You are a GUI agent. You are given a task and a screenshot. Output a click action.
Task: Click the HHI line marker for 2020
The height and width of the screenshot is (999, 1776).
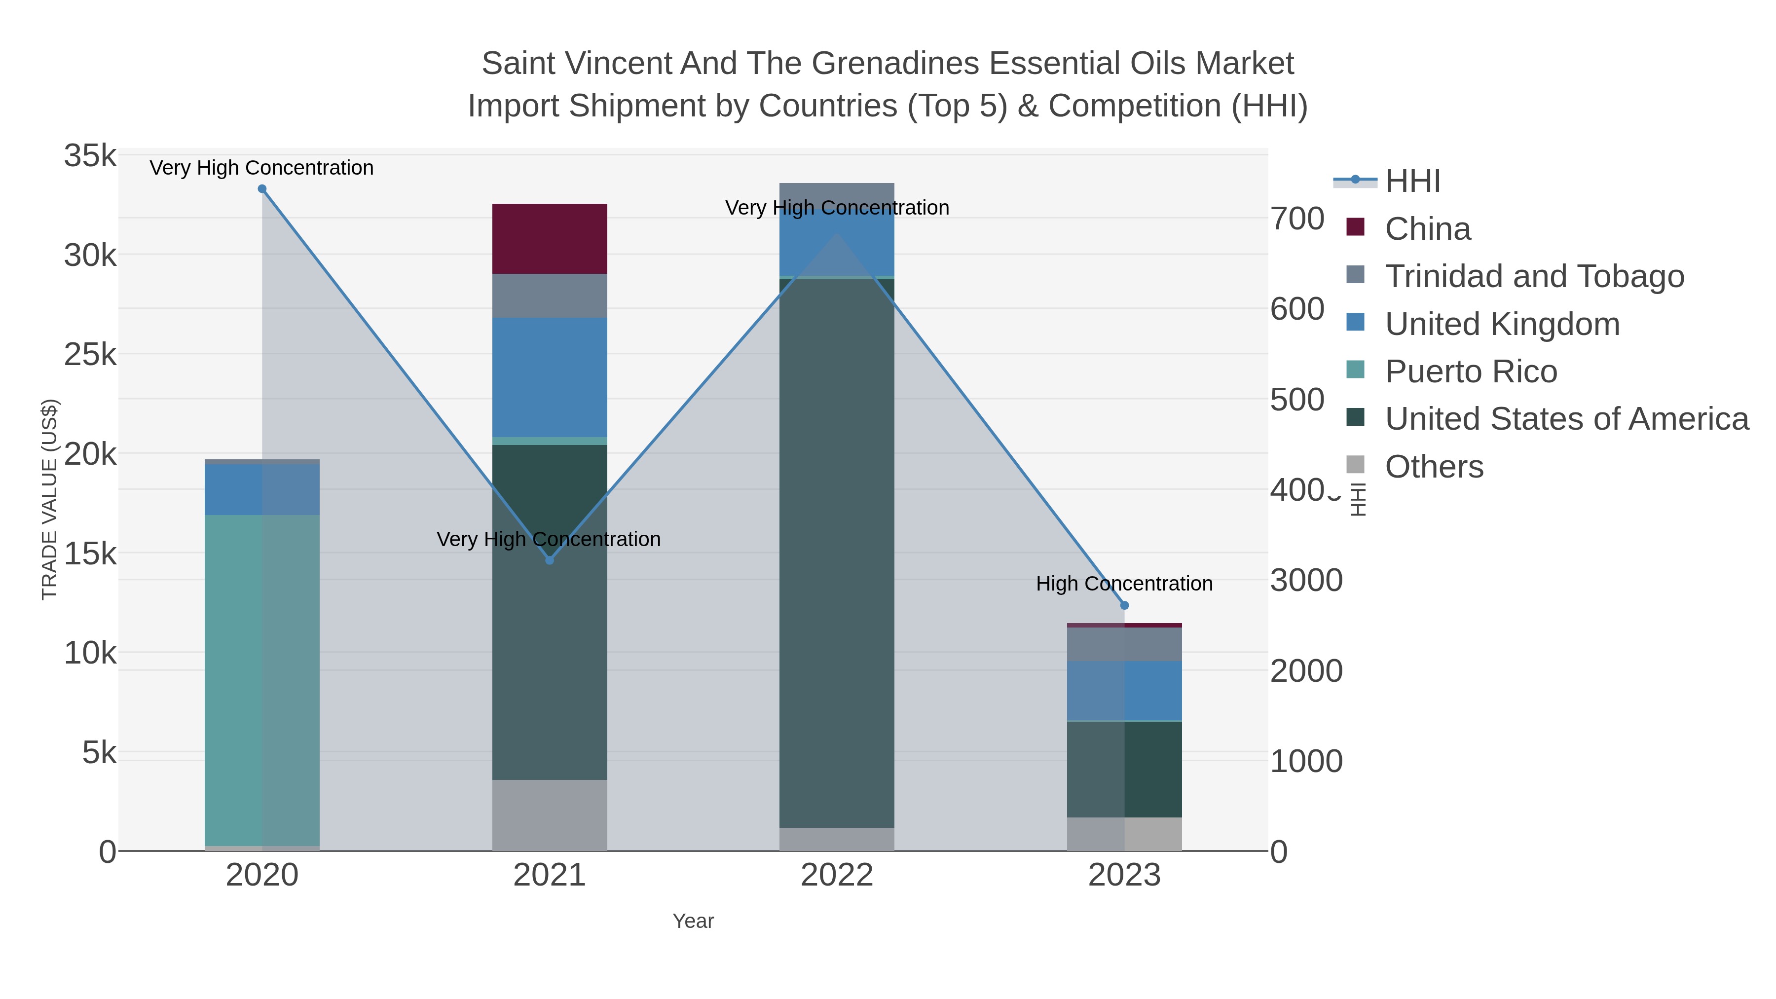click(x=262, y=189)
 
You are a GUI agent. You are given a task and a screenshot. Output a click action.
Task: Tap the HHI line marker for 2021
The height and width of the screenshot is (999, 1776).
click(x=550, y=560)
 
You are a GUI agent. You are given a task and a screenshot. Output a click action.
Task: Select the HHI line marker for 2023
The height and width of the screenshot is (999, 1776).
click(x=1124, y=605)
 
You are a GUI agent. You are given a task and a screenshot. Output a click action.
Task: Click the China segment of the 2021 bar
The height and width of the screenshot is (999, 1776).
click(x=550, y=239)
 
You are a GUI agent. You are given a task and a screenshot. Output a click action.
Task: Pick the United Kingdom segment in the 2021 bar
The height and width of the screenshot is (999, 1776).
click(x=550, y=377)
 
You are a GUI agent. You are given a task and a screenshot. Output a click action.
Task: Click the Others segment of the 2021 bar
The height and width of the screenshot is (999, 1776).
click(x=550, y=815)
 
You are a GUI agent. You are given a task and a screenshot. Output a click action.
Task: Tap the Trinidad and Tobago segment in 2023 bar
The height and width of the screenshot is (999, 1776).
click(x=1124, y=644)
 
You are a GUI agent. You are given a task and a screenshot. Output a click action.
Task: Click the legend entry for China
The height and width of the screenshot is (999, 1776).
click(x=1427, y=229)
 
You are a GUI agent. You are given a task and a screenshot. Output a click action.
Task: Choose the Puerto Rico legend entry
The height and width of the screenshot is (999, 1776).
click(x=1471, y=371)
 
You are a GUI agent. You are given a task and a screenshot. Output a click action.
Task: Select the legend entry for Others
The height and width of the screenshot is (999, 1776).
click(x=1433, y=467)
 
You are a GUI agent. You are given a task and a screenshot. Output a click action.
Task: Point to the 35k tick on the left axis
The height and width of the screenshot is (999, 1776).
click(x=90, y=156)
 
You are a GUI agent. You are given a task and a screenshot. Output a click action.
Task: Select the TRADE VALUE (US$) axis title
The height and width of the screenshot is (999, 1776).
click(x=50, y=499)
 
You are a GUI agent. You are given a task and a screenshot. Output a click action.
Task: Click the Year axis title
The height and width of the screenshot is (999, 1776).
click(x=693, y=921)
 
